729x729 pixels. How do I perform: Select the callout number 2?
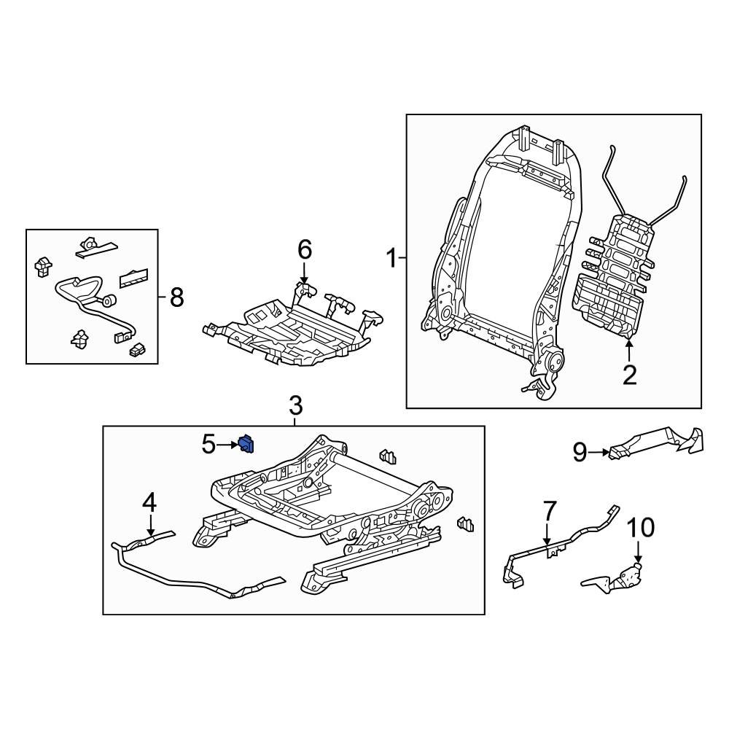click(628, 375)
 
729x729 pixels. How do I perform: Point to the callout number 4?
click(149, 502)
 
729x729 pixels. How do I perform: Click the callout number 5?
click(209, 443)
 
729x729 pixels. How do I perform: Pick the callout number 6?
click(304, 250)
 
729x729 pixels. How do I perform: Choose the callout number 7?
click(549, 511)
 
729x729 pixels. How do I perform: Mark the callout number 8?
click(176, 297)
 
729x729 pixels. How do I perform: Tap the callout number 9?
click(580, 453)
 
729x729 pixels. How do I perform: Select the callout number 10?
click(642, 527)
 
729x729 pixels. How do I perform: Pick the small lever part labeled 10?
click(616, 579)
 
